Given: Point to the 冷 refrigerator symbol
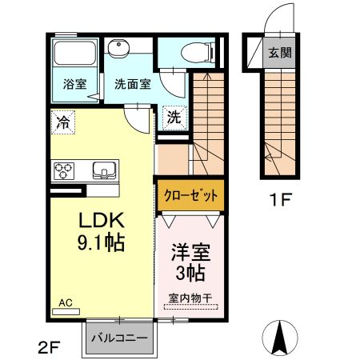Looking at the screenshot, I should click(62, 122).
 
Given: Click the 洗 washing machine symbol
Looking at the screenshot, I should click(175, 117).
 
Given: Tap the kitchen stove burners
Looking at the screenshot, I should click(64, 170).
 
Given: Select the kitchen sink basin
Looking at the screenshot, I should click(103, 170).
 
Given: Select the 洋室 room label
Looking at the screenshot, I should click(190, 253).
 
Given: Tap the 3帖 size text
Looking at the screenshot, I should click(190, 274).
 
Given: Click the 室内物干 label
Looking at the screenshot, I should click(189, 299).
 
